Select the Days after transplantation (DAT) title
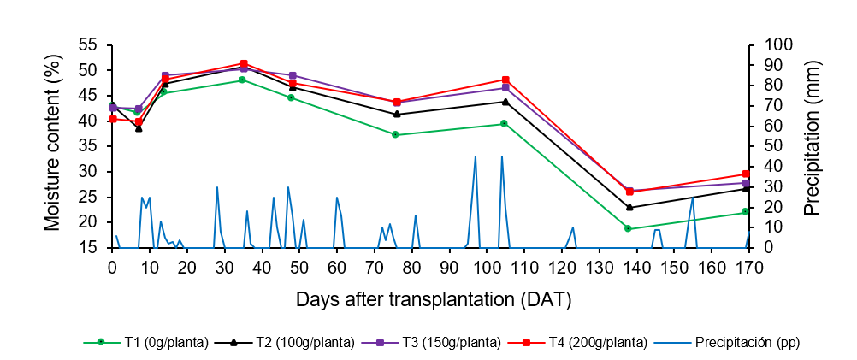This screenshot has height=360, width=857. click(x=434, y=300)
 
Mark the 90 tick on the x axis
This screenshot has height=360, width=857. click(x=450, y=268)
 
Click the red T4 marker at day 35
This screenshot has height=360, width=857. click(x=244, y=63)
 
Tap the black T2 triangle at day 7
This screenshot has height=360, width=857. click(x=139, y=128)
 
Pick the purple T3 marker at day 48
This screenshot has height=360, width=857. click(x=293, y=75)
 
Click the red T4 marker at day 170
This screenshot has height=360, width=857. click(x=746, y=174)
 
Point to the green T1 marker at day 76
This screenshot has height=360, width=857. click(x=395, y=134)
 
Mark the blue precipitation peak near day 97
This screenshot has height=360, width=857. click(x=476, y=156)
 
